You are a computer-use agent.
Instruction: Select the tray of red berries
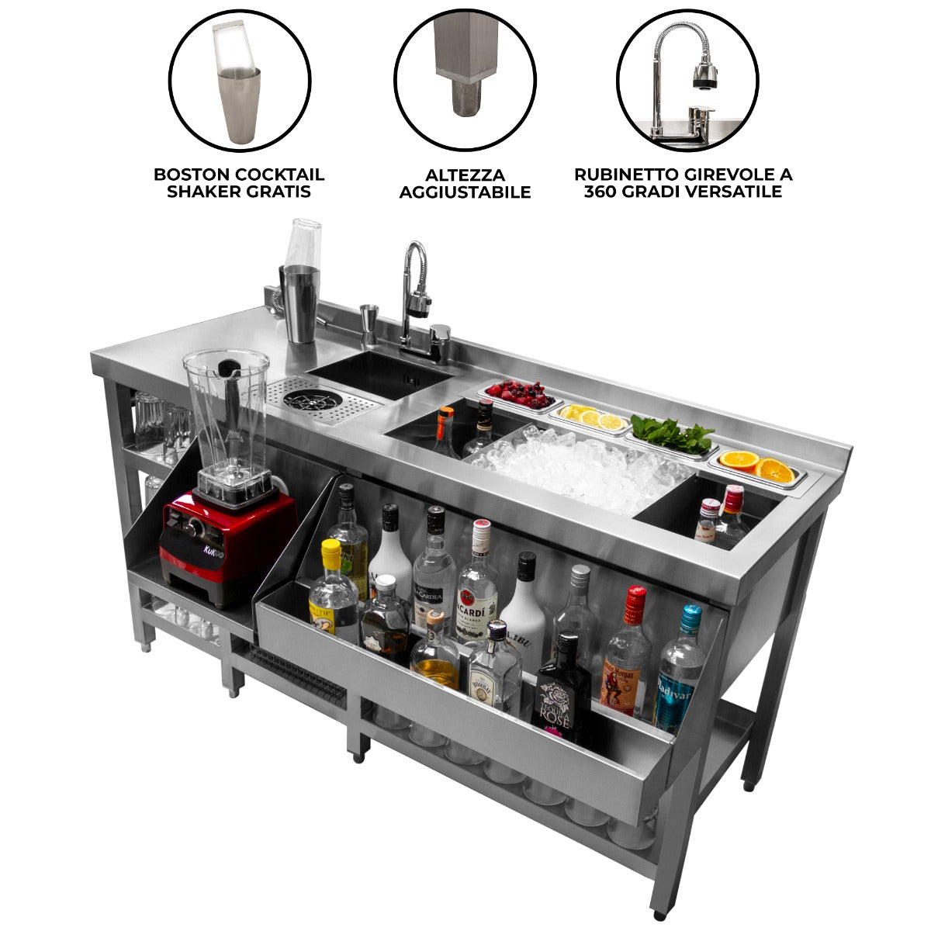pyautogui.click(x=519, y=395)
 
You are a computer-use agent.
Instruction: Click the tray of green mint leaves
pyautogui.click(x=672, y=435)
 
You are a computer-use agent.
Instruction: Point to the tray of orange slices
pyautogui.click(x=757, y=466)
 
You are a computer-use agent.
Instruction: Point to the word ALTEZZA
pyautogui.click(x=465, y=175)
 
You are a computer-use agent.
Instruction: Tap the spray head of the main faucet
pyautogui.click(x=419, y=303)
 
